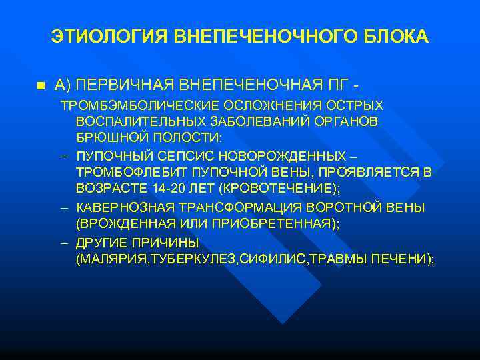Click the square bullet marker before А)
click(40, 86)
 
